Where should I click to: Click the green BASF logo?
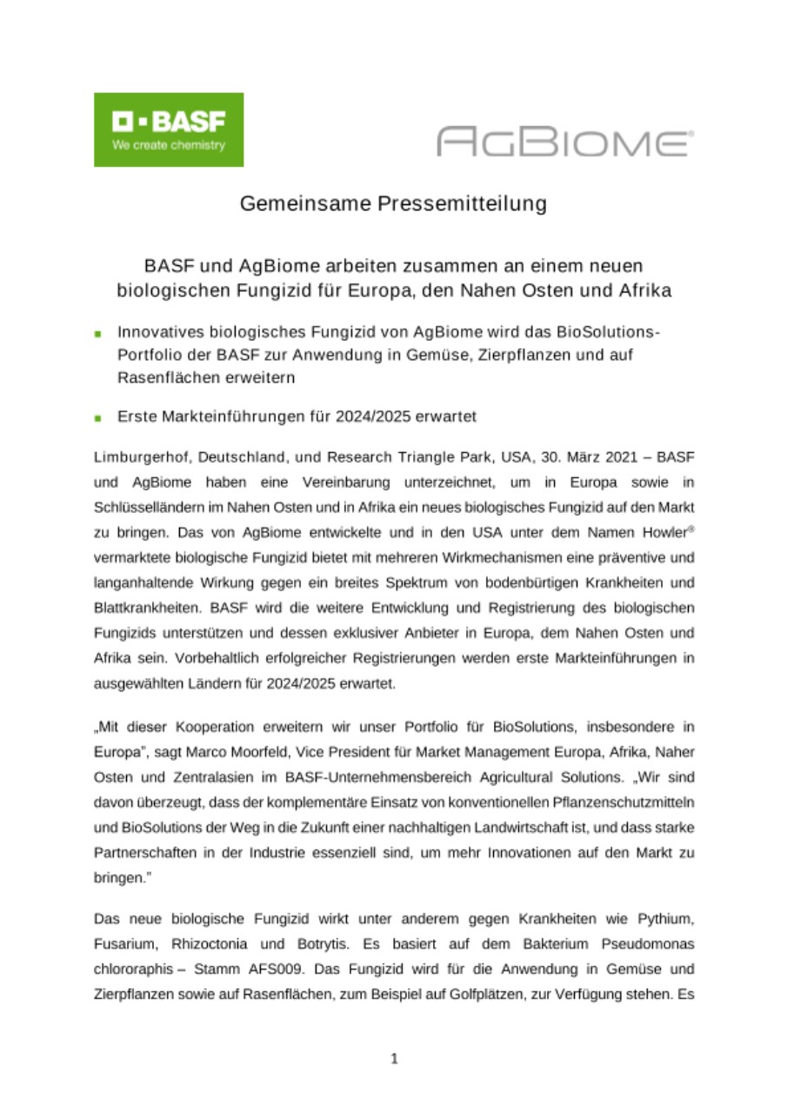pyautogui.click(x=168, y=130)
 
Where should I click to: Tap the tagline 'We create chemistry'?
pyautogui.click(x=168, y=145)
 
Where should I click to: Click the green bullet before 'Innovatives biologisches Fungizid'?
pyautogui.click(x=99, y=333)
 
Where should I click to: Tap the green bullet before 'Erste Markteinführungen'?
pyautogui.click(x=99, y=417)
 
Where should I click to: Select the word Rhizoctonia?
pyautogui.click(x=211, y=942)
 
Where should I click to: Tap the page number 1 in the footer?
pyautogui.click(x=394, y=1058)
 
